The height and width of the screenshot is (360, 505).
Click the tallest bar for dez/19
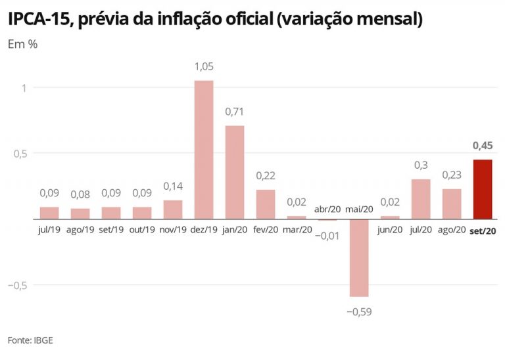[x=204, y=150]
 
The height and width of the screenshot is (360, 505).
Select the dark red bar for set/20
[x=482, y=189]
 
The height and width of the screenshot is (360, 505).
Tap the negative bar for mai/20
[x=359, y=258]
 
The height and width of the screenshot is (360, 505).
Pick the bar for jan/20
[x=235, y=172]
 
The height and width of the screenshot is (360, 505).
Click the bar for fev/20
[x=266, y=204]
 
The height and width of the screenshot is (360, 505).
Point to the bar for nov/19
[x=173, y=210]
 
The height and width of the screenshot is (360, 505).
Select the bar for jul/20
[x=421, y=199]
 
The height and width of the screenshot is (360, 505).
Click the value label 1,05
[x=204, y=66]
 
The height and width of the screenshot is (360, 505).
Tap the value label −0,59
[x=359, y=311]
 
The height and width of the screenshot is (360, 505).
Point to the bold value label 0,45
[x=482, y=146]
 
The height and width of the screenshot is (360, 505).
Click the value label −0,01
[x=327, y=235]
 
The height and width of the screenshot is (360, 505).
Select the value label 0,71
[x=235, y=112]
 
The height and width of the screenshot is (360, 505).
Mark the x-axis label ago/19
[x=80, y=230]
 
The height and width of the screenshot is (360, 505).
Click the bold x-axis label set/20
[x=483, y=230]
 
